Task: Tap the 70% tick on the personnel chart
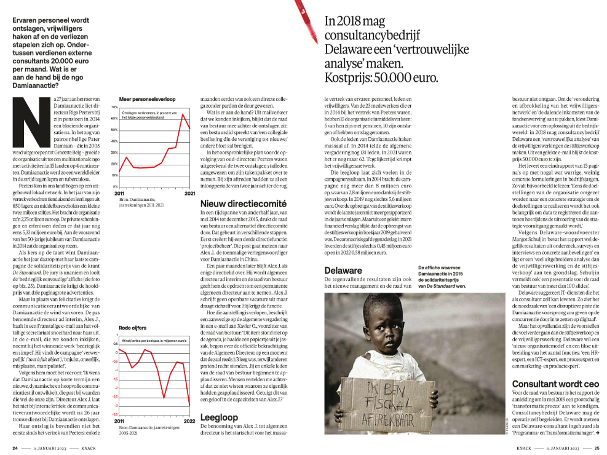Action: pos(114,106)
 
